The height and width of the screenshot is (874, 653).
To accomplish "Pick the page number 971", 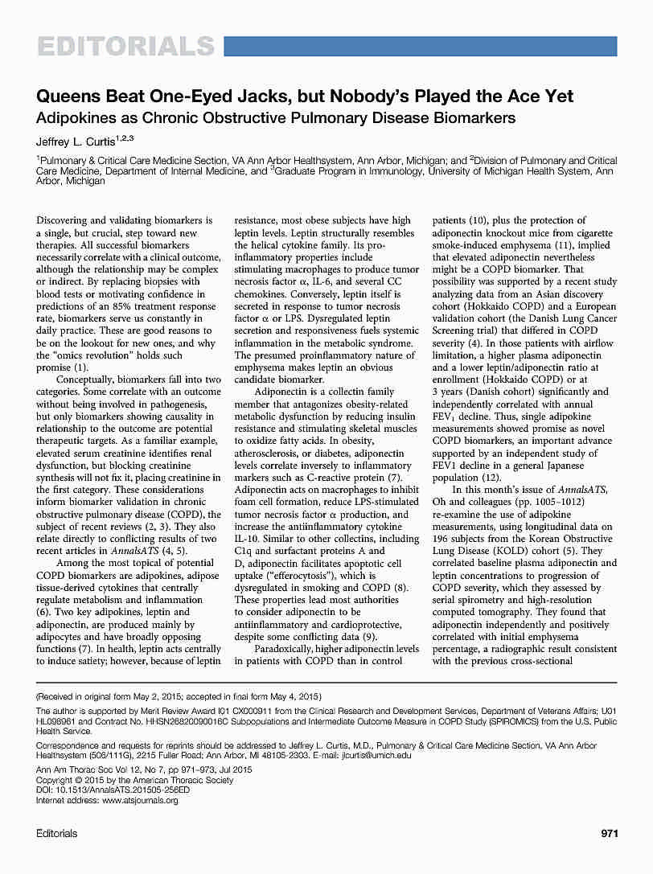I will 609,834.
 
